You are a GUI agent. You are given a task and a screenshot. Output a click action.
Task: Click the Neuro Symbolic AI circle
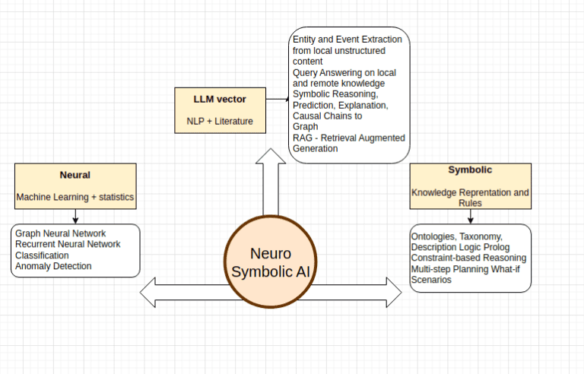(x=271, y=262)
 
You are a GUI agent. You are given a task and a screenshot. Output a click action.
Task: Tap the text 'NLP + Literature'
(x=220, y=121)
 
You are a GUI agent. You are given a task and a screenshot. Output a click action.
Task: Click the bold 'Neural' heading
(x=75, y=174)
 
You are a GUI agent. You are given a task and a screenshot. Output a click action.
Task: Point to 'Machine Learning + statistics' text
(x=75, y=198)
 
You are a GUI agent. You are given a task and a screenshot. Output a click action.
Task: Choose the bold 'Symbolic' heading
(x=470, y=170)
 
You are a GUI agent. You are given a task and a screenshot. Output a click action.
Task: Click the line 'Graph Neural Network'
(x=61, y=233)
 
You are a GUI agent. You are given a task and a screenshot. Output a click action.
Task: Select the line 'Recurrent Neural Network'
(x=68, y=244)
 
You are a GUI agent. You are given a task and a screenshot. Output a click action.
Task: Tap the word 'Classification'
(x=43, y=255)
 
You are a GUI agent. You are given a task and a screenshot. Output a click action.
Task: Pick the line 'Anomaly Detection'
(x=53, y=266)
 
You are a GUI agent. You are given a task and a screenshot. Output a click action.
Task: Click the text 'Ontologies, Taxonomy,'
(x=456, y=236)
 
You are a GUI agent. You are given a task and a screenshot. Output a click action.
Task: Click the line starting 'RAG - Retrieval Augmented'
(x=349, y=138)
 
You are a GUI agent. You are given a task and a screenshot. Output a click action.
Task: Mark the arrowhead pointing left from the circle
(x=150, y=292)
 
